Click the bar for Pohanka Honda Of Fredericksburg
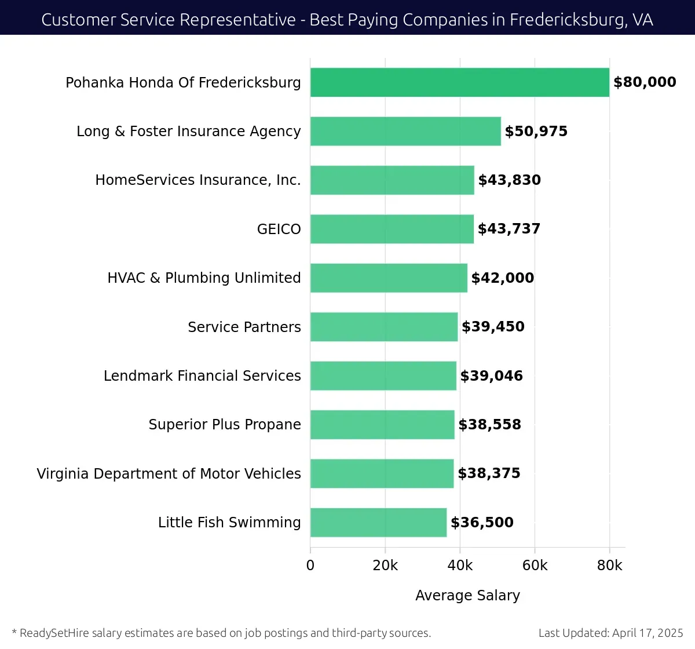[459, 82]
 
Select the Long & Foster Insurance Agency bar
[405, 131]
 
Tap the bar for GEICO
[392, 229]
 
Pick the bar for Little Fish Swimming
[378, 523]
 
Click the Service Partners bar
[384, 327]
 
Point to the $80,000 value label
[645, 82]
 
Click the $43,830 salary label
[509, 180]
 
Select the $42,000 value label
[503, 278]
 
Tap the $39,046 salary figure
[491, 376]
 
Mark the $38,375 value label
[489, 473]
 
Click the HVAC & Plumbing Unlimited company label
[204, 278]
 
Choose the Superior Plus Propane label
[225, 425]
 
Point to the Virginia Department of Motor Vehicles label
[169, 474]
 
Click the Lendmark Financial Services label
[202, 376]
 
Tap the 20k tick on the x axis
[385, 566]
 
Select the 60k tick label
[535, 566]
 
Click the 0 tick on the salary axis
[310, 566]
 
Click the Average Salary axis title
[467, 596]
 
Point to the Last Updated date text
[610, 633]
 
